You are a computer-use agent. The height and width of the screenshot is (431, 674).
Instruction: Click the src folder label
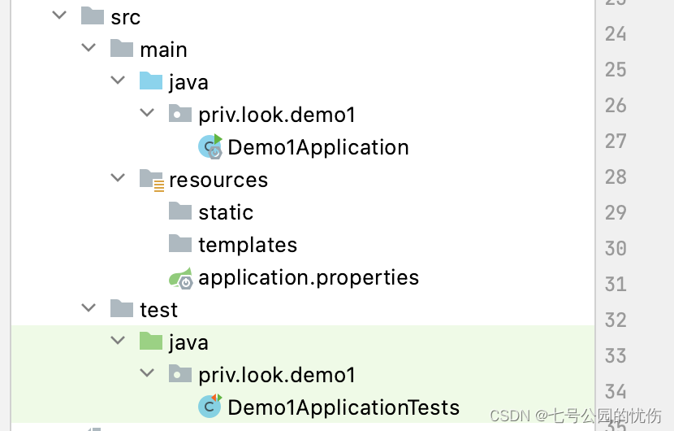[125, 17]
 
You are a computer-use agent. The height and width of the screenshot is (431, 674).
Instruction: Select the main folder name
[163, 50]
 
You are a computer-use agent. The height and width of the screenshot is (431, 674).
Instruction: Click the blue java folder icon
[151, 82]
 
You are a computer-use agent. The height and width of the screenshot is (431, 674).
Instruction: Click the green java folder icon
[151, 342]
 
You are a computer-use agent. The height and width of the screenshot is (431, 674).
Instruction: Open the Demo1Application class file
[318, 147]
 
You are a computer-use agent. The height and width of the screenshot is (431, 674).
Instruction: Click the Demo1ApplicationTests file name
[343, 407]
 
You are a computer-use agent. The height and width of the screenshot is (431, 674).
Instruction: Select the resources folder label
[218, 180]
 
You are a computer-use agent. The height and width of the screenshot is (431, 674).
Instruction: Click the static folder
[225, 212]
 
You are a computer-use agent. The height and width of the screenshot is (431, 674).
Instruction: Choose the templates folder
[247, 245]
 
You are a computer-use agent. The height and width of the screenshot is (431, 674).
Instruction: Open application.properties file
[309, 277]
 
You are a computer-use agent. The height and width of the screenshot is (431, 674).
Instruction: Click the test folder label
[158, 310]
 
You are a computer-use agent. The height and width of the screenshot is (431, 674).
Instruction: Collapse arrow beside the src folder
[59, 15]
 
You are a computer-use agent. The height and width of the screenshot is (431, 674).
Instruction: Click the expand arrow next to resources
[118, 178]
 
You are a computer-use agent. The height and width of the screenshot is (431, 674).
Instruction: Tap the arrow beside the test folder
[89, 308]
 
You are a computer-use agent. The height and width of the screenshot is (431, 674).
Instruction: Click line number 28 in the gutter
[616, 176]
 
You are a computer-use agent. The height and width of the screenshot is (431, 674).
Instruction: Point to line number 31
[616, 284]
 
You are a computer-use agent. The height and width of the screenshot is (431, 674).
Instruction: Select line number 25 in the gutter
[616, 69]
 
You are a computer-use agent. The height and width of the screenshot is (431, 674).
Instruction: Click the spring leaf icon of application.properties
[181, 277]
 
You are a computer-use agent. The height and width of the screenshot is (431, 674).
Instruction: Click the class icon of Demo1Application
[210, 147]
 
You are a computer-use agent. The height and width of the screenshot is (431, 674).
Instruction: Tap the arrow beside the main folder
[89, 48]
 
